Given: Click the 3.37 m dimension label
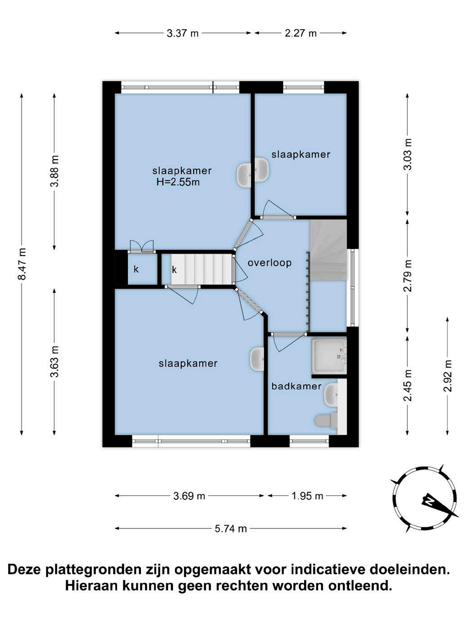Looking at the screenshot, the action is [182, 33].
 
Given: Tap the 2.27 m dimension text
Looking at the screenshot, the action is [301, 33].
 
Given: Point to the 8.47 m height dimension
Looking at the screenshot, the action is [22, 264].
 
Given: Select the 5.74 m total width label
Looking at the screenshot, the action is [230, 529].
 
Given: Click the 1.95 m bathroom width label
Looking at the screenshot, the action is [307, 496].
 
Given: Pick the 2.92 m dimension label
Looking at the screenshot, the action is [448, 376].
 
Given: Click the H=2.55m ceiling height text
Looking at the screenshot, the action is [178, 182].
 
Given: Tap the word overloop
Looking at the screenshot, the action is [269, 262].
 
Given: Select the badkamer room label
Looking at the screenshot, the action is [296, 386].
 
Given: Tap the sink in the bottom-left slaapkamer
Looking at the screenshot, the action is [257, 359].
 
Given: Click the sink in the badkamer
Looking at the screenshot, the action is [331, 394].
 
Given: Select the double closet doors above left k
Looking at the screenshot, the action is [141, 246].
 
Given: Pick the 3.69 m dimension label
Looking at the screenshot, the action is [189, 496].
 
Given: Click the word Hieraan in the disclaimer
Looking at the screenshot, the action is [90, 585].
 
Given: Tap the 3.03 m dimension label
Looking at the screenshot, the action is [408, 154].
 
